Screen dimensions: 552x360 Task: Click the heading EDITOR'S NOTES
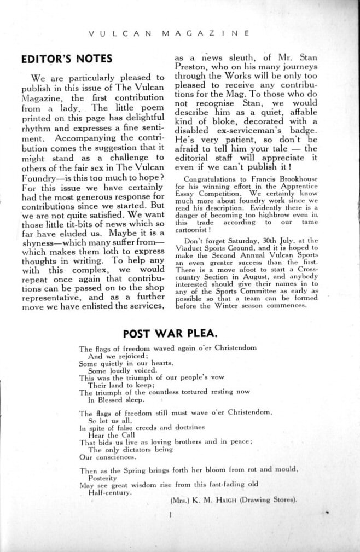coord(66,59)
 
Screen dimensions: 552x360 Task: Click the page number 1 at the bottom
coord(171,514)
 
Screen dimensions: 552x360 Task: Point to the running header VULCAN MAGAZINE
coord(169,33)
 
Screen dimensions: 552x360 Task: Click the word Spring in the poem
coord(130,469)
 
